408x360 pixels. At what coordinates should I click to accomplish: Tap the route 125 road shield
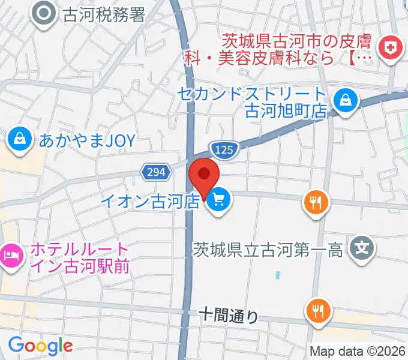(x=224, y=148)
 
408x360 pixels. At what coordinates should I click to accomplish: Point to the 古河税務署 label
(x=104, y=13)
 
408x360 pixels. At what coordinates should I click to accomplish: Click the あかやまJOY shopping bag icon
(x=20, y=140)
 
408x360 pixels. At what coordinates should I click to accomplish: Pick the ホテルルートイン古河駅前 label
(x=78, y=257)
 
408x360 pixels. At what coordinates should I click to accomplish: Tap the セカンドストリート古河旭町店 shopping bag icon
(x=346, y=100)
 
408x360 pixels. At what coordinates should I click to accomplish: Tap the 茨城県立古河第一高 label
(x=268, y=248)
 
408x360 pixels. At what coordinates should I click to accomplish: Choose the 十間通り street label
(x=228, y=314)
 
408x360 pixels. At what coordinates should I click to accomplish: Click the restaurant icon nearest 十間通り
(x=317, y=311)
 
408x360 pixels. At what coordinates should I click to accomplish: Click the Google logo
(x=40, y=346)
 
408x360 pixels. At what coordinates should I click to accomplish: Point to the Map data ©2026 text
(x=358, y=350)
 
